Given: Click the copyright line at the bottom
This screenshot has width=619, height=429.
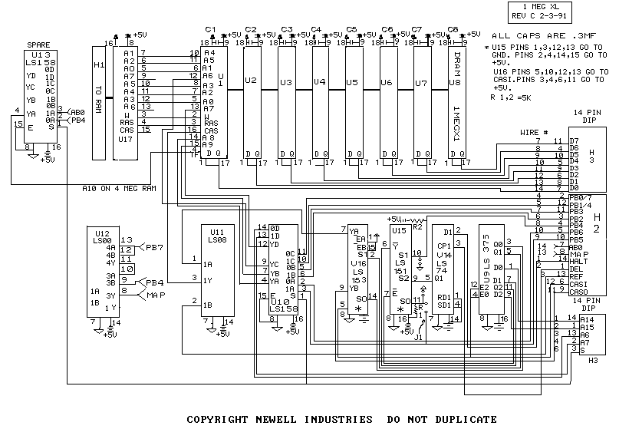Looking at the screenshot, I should [342, 419].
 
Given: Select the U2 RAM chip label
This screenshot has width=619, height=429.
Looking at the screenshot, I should [251, 80].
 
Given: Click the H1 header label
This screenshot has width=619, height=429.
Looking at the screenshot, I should [97, 64].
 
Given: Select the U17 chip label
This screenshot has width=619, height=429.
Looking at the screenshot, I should [127, 139].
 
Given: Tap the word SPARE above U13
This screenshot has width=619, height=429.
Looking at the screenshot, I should [39, 46].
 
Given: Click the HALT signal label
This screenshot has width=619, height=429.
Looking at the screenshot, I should [578, 262].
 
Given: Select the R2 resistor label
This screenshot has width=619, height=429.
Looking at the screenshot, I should [418, 227].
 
